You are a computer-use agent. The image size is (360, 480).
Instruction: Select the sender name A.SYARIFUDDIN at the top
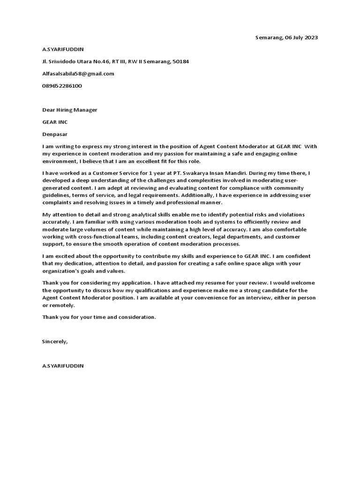click(x=63, y=49)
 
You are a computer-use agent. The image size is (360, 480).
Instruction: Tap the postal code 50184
click(x=181, y=61)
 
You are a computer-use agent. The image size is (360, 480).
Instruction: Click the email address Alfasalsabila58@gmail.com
click(x=78, y=74)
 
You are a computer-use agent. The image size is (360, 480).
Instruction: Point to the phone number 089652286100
click(x=62, y=86)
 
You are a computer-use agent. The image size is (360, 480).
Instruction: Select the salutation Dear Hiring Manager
click(x=70, y=110)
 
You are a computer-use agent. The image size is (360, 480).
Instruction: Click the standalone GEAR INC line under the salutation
click(x=55, y=122)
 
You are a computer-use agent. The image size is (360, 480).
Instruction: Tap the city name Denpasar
click(x=55, y=134)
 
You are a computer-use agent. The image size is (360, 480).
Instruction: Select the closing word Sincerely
click(x=55, y=341)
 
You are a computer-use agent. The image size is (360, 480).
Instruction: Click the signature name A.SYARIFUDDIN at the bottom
click(x=63, y=366)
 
